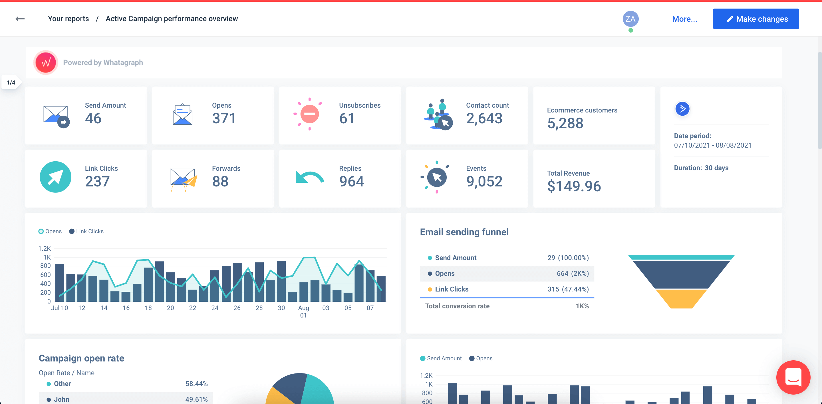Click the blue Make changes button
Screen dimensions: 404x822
point(755,19)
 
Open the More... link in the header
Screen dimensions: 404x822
point(684,19)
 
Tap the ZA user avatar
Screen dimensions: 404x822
point(630,19)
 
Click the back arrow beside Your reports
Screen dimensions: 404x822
point(20,19)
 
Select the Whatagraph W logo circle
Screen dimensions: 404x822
point(46,63)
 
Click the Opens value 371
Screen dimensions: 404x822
point(224,118)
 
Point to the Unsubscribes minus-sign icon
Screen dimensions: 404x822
point(309,114)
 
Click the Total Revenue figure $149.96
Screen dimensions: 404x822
point(573,186)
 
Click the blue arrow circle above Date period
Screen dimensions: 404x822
point(682,109)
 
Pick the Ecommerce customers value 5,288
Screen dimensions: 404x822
point(565,123)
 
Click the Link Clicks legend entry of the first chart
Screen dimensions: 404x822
point(86,231)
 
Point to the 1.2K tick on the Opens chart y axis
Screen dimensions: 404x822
point(44,248)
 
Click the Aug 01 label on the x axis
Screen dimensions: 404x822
point(303,311)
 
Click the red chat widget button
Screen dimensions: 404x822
point(793,377)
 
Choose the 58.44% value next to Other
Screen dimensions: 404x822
point(196,383)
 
